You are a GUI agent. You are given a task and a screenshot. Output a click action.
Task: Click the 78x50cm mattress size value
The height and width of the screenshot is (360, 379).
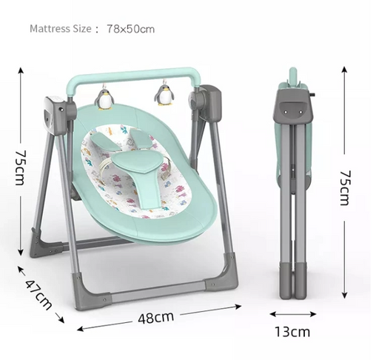click(131, 29)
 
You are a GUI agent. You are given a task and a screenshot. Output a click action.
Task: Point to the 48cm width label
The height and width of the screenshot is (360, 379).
click(155, 318)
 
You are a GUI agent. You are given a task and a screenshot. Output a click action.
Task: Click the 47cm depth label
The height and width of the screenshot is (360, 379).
click(38, 295)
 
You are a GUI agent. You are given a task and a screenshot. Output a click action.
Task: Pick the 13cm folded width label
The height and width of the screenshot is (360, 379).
click(292, 332)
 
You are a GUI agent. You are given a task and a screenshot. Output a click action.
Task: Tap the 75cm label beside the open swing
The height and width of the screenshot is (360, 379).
click(20, 167)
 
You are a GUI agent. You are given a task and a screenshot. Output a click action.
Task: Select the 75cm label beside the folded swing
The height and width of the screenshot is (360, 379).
click(345, 187)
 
